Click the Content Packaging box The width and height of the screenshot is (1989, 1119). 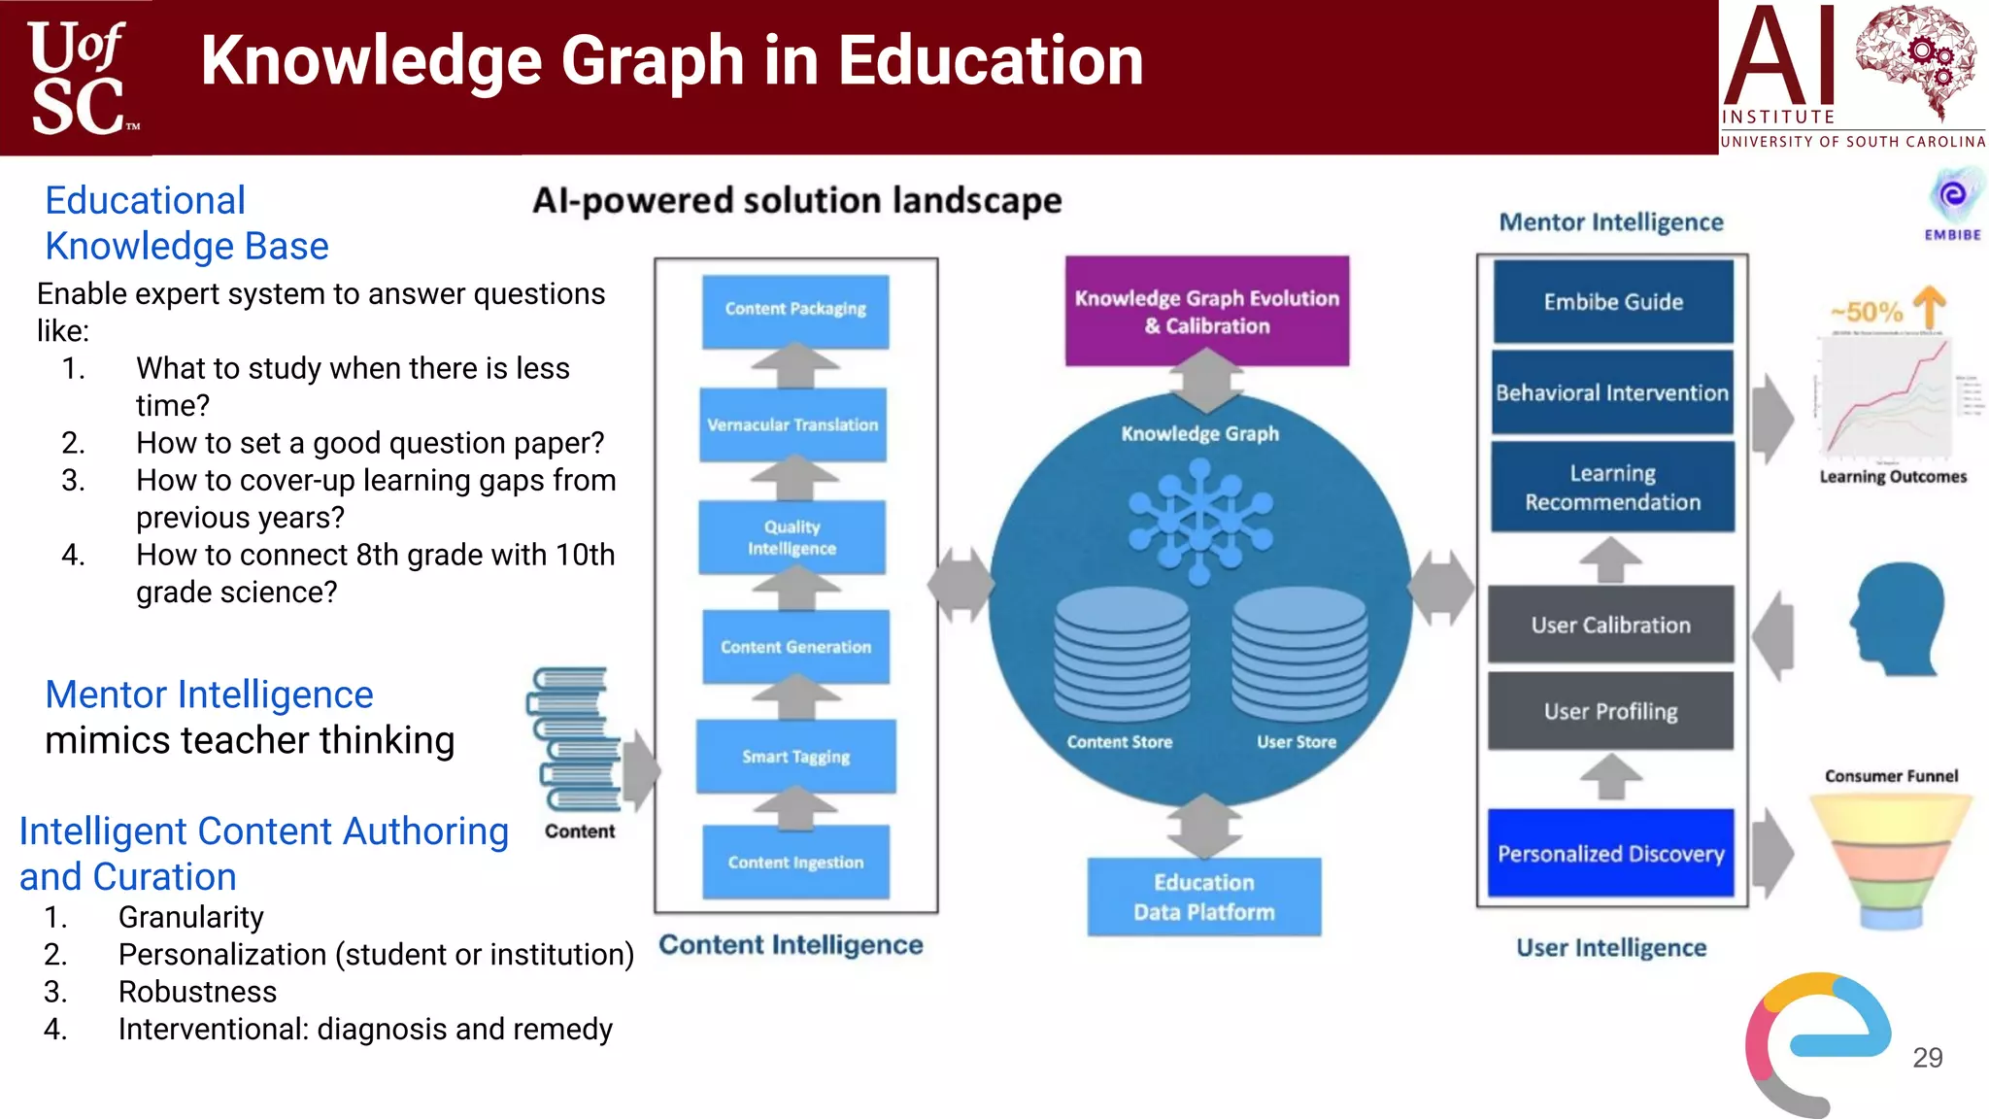(x=795, y=310)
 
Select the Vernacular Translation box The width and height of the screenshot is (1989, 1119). (x=792, y=424)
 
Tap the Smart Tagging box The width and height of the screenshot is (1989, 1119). (x=795, y=756)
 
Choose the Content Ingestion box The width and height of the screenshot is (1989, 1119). (x=795, y=862)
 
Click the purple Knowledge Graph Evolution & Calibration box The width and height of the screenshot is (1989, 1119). (x=1206, y=311)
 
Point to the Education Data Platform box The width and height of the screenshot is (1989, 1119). (x=1204, y=897)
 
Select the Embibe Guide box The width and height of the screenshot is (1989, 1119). (x=1613, y=301)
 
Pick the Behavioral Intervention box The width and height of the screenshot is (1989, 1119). (x=1612, y=392)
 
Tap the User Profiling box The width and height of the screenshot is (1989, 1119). (x=1610, y=711)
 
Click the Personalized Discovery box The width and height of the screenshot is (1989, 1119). (x=1610, y=853)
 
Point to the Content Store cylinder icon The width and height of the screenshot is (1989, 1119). (x=1122, y=655)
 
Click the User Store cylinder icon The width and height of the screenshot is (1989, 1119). (x=1298, y=655)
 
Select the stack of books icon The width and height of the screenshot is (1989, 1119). (x=575, y=738)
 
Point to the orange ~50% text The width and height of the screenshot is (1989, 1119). (x=1866, y=312)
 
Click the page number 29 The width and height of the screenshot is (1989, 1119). (x=1927, y=1057)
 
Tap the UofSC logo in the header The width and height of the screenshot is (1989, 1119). (x=78, y=78)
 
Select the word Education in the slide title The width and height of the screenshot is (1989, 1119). (x=991, y=60)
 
